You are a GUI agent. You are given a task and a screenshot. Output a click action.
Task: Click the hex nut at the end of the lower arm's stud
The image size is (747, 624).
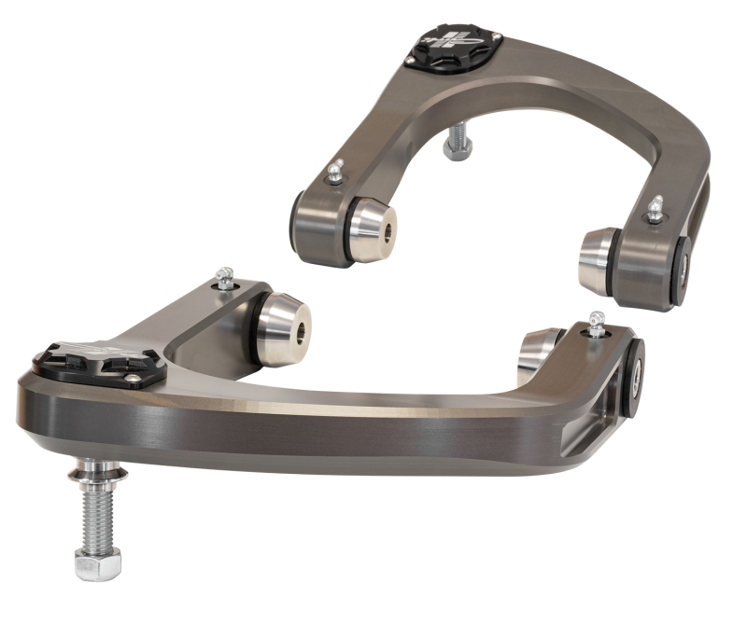[x=96, y=562]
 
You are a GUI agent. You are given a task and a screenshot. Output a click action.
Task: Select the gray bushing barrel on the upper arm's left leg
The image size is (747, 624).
[x=317, y=229]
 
